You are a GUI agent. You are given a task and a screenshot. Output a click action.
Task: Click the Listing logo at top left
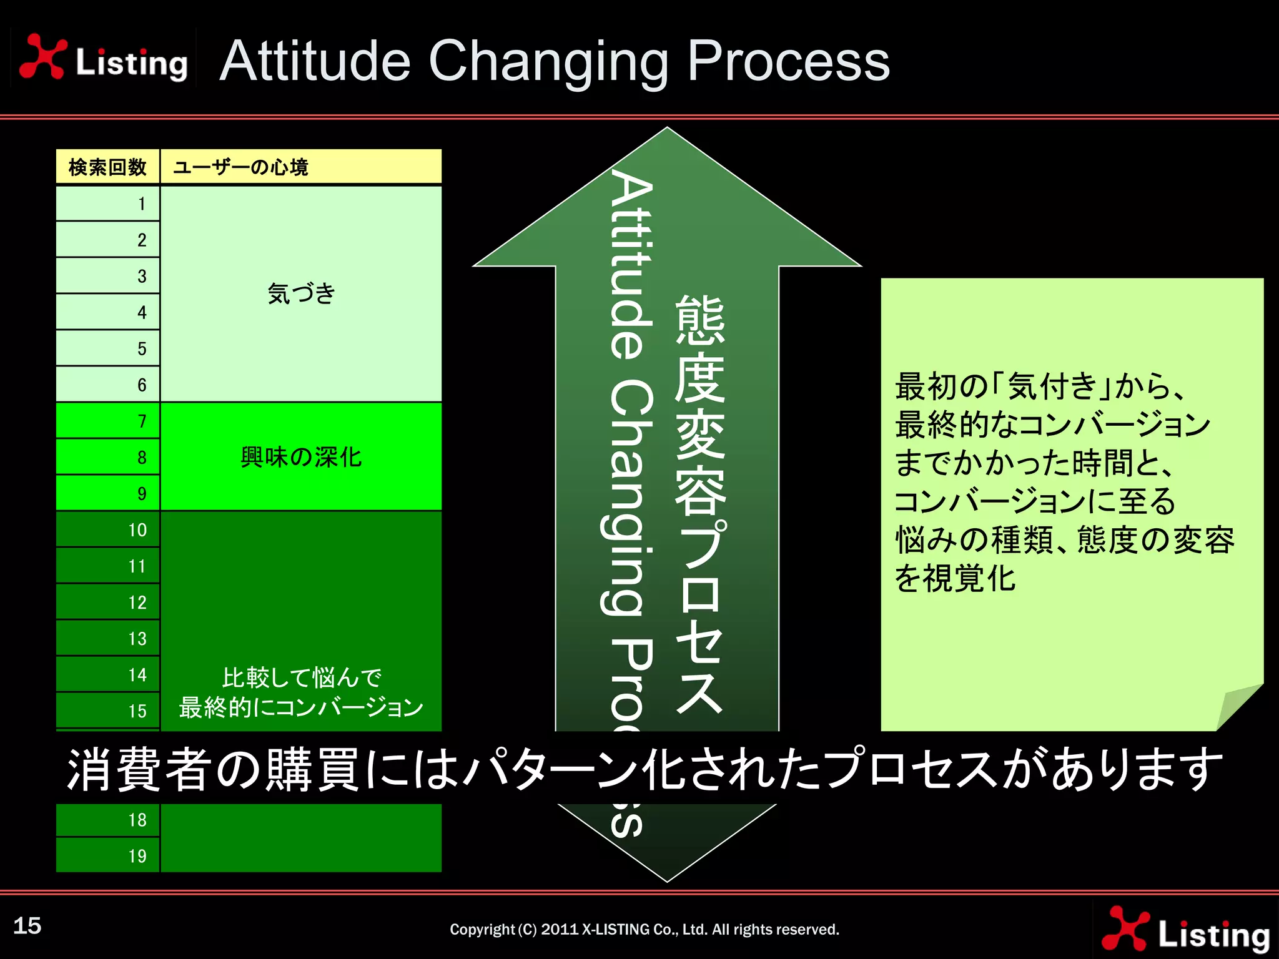[103, 58]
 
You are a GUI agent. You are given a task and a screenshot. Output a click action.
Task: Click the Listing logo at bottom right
[1186, 930]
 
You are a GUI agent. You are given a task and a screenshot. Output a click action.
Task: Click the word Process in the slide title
[788, 61]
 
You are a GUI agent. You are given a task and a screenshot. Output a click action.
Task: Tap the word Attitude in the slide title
[315, 61]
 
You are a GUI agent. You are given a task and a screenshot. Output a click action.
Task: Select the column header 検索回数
[107, 167]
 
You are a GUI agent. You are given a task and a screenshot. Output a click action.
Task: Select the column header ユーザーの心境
[240, 167]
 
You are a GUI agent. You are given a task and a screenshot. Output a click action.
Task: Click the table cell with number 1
[108, 204]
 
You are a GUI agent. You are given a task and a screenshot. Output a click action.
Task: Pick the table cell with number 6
[108, 385]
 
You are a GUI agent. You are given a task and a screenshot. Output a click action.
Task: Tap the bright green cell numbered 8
[108, 457]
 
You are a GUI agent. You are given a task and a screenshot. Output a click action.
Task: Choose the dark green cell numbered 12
[108, 602]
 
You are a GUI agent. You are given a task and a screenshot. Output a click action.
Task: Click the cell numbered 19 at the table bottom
[108, 855]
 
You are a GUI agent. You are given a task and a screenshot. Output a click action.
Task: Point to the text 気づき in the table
[301, 293]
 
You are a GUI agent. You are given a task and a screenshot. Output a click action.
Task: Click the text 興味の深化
[301, 457]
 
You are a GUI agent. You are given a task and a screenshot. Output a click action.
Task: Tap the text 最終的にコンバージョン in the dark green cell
[301, 707]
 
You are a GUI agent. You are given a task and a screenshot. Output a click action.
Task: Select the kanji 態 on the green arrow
[700, 320]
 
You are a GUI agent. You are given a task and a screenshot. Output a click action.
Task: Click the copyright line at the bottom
[644, 930]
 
